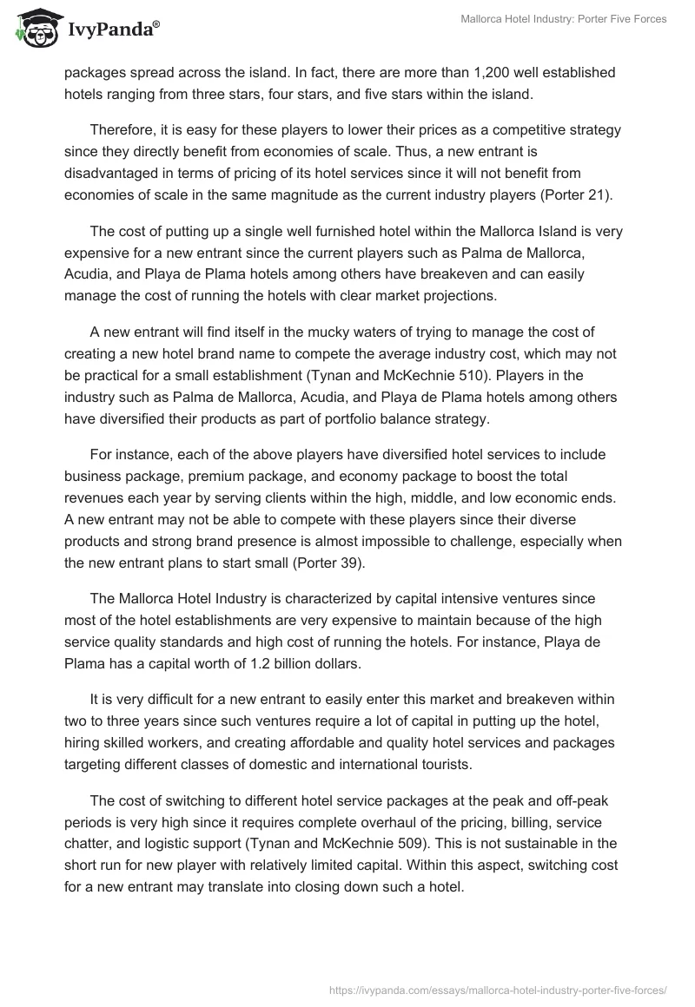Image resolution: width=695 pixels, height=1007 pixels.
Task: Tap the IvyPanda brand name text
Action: tap(111, 30)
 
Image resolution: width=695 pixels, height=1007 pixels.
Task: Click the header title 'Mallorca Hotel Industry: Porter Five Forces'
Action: tap(564, 19)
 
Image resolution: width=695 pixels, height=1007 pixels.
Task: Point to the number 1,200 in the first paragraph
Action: tap(444, 71)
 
